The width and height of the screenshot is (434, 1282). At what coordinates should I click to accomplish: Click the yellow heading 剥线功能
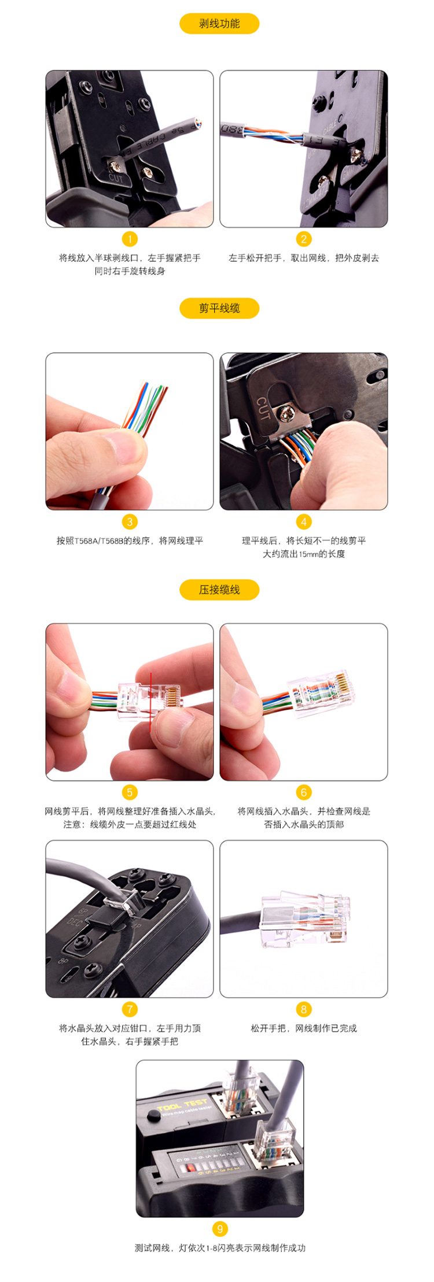219,24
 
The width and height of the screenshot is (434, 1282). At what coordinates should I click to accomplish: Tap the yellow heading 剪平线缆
219,308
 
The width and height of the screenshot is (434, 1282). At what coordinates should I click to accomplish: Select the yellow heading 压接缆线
219,590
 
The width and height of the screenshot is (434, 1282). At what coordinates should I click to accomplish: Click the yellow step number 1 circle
130,239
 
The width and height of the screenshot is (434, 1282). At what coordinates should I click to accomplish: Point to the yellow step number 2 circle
304,239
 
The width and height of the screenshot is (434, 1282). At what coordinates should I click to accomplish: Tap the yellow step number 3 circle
130,522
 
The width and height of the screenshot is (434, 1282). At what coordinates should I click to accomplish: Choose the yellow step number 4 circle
304,522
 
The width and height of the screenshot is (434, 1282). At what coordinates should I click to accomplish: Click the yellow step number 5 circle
130,792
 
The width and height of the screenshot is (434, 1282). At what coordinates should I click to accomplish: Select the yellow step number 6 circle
304,792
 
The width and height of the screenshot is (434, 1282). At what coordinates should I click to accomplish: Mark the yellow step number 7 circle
130,1009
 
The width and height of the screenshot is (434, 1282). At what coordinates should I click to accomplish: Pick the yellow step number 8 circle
304,1009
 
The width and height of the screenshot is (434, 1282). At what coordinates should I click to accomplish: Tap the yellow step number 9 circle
219,1229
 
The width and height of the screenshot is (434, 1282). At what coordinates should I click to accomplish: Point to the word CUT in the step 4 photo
263,407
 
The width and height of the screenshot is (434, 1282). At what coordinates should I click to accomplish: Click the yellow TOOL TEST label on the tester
182,1105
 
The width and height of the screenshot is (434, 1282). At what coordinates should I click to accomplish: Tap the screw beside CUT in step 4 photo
285,413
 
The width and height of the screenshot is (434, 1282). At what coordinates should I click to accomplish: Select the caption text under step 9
219,1248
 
